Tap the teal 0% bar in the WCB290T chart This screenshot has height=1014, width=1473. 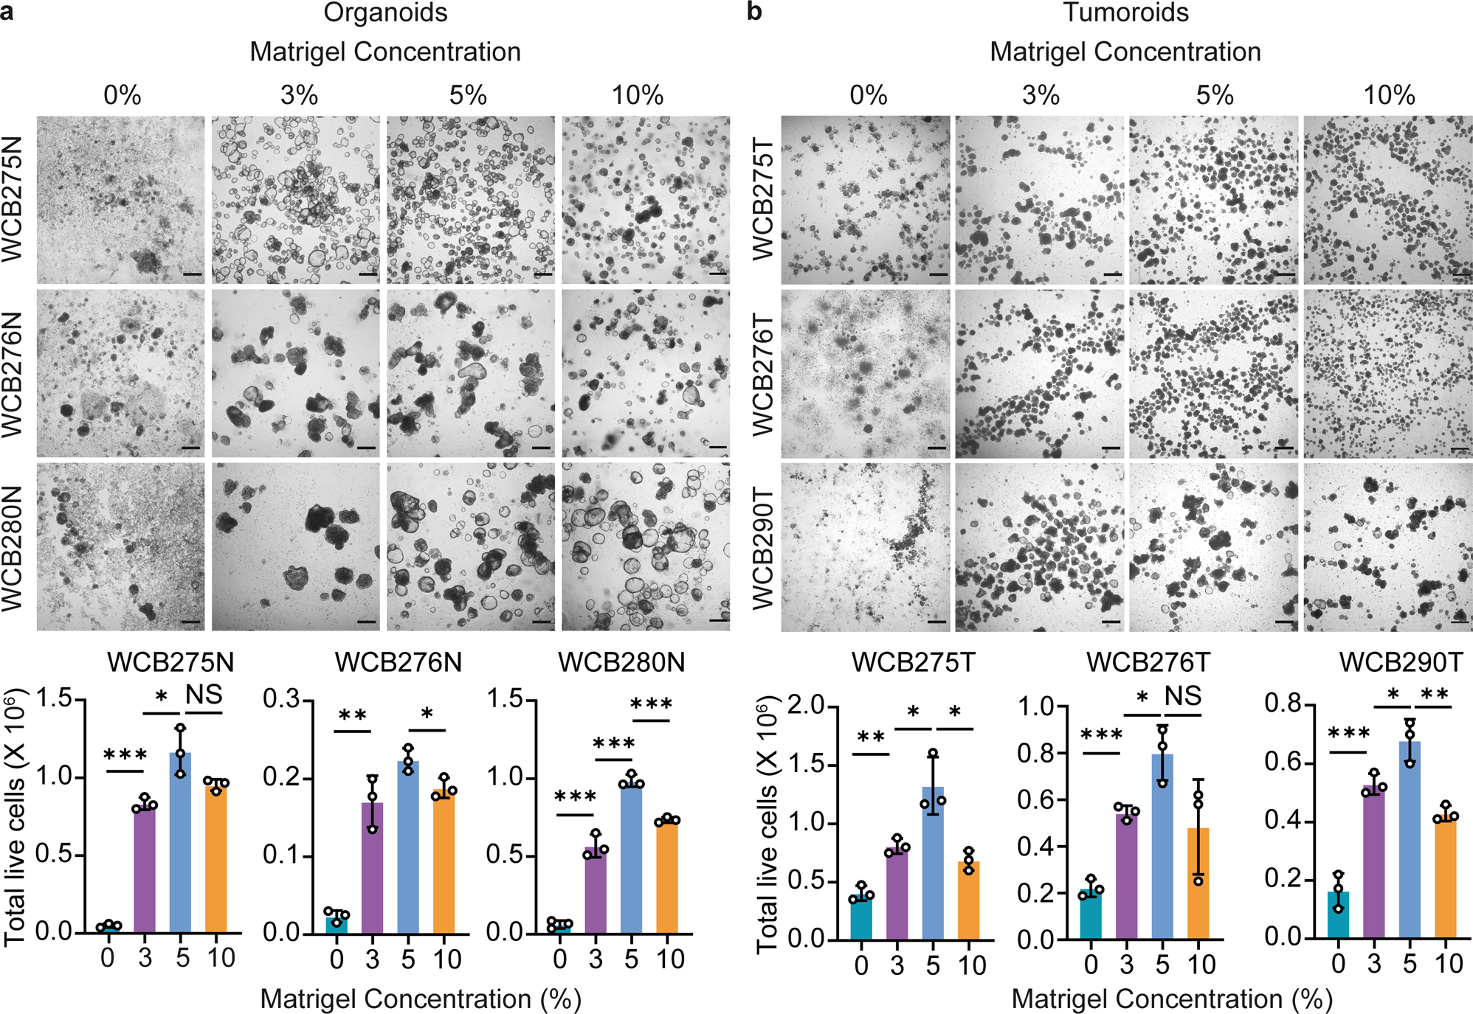pyautogui.click(x=1338, y=915)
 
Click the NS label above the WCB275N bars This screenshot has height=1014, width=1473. pyautogui.click(x=204, y=695)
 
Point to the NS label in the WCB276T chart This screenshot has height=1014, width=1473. pyautogui.click(x=1183, y=696)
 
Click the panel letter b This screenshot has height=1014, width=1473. pyautogui.click(x=753, y=13)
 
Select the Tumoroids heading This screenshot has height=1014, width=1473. pyautogui.click(x=1125, y=13)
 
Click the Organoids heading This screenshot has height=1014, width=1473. pyautogui.click(x=385, y=13)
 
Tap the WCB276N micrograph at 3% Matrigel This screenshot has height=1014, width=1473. pyautogui.click(x=296, y=373)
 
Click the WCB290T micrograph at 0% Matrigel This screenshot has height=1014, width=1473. pyautogui.click(x=866, y=546)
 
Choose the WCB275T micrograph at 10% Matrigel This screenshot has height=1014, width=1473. pyautogui.click(x=1387, y=200)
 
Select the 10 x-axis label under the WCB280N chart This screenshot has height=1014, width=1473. pyautogui.click(x=670, y=959)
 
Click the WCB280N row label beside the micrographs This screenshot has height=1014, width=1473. pyautogui.click(x=13, y=548)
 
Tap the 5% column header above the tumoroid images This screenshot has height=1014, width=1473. pyautogui.click(x=1214, y=96)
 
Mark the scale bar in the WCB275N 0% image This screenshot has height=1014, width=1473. pyautogui.click(x=192, y=274)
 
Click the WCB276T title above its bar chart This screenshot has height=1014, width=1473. pyautogui.click(x=1148, y=662)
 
